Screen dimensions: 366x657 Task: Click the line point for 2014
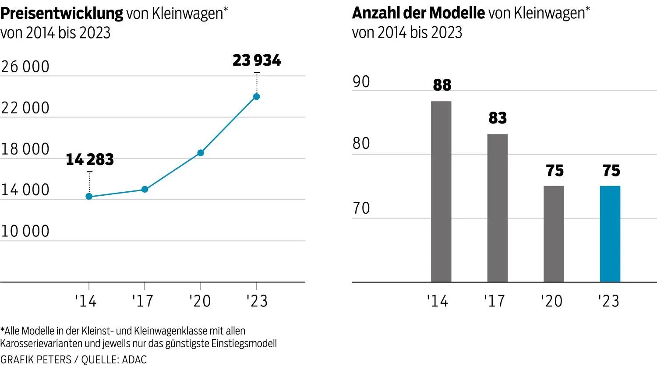click(x=89, y=196)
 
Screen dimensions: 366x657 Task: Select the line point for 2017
click(x=145, y=189)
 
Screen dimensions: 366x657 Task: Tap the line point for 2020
click(x=201, y=153)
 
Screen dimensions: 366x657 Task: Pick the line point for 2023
click(x=257, y=96)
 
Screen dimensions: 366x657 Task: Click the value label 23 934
click(x=257, y=60)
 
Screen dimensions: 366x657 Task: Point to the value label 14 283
click(x=90, y=160)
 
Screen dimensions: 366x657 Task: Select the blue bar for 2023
click(x=610, y=234)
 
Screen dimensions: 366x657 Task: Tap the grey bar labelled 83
click(x=498, y=208)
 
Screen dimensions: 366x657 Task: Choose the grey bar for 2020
click(x=554, y=234)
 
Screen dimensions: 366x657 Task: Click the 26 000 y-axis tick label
click(x=25, y=67)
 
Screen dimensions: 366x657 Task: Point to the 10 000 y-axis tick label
click(x=25, y=231)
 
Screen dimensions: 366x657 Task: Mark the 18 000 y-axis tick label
click(x=25, y=149)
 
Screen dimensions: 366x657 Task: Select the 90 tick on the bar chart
click(x=361, y=82)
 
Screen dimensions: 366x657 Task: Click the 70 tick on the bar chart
click(x=361, y=208)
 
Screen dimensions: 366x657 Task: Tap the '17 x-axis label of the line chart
click(x=143, y=301)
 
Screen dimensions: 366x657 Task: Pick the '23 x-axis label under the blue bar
click(x=609, y=301)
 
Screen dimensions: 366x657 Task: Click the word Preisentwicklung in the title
click(x=62, y=14)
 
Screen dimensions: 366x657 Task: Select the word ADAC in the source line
click(x=134, y=359)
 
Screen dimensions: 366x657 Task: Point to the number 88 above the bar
click(x=442, y=85)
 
